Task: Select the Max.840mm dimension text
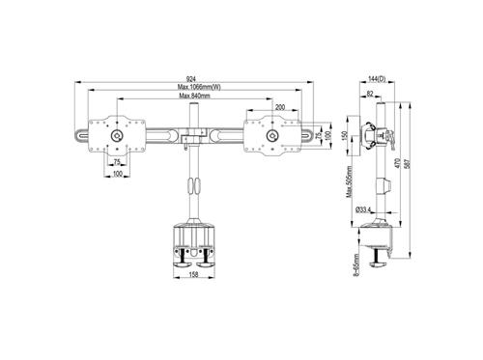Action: (x=193, y=97)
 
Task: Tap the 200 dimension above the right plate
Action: (x=279, y=107)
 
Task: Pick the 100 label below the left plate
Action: (x=116, y=175)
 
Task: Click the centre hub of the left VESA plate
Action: (x=116, y=136)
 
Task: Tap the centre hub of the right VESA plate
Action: (x=272, y=136)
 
